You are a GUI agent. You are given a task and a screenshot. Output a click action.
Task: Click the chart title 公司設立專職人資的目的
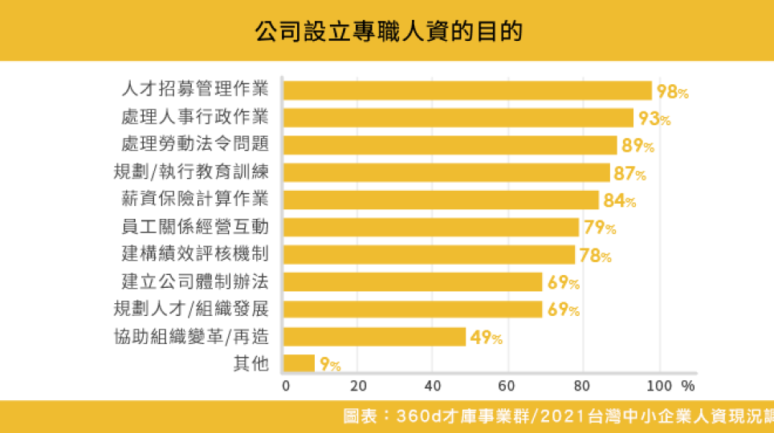388,31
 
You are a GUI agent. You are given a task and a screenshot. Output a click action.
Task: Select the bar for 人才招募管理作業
467,91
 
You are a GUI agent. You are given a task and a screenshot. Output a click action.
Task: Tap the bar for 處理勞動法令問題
450,145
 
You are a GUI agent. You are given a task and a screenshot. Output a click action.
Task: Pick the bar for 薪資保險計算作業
441,200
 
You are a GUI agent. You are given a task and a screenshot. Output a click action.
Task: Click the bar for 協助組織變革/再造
375,336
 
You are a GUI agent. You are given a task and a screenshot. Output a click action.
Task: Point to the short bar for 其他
299,363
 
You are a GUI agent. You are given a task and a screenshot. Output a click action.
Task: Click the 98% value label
673,91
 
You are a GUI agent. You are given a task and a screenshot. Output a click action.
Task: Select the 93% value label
654,119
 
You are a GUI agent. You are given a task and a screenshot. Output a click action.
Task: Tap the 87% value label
629,173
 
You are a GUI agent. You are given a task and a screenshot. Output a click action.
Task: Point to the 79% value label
600,228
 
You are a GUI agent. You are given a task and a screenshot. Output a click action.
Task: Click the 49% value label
487,338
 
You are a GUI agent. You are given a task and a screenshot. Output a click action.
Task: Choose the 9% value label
330,365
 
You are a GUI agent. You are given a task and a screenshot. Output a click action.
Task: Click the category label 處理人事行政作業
194,117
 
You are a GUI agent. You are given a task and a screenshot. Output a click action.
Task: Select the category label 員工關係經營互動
194,227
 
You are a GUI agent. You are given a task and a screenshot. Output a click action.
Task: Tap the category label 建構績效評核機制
194,254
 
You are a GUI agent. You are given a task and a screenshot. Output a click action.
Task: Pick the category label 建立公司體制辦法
194,281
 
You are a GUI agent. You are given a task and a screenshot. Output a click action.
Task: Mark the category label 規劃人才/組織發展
190,309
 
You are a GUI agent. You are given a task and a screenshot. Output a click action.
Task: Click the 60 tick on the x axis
507,385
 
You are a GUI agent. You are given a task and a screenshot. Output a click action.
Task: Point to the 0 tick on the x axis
286,385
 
